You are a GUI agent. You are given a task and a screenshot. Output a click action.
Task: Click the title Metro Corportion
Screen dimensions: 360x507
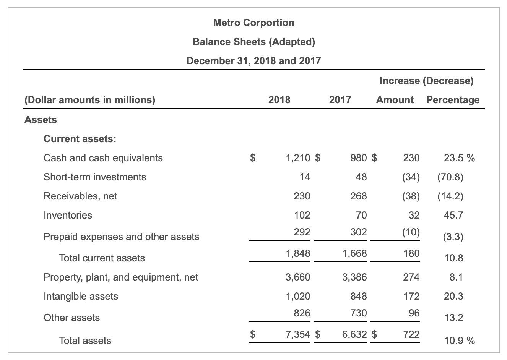[x=253, y=23]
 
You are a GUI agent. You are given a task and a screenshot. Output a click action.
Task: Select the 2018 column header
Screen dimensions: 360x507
[x=279, y=100]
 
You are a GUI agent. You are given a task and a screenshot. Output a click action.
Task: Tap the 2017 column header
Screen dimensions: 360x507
[x=340, y=100]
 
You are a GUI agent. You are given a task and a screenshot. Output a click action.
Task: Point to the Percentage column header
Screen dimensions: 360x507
[x=453, y=100]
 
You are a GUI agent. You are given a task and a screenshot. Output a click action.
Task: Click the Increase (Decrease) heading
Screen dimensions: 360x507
[x=426, y=81]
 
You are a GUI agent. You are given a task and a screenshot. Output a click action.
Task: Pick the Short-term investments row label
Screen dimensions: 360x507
[x=95, y=177]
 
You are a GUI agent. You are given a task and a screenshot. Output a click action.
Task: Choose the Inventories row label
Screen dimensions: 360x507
[x=68, y=215]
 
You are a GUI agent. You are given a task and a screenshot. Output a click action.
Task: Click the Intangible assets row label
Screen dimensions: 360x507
[x=81, y=296]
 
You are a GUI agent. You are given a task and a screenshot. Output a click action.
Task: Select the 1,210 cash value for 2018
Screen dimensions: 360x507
[x=298, y=158]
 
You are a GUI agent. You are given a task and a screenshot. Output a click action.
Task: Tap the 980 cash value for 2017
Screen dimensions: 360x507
[x=358, y=158]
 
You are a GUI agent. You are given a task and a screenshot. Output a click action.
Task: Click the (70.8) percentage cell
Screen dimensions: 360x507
[x=450, y=177]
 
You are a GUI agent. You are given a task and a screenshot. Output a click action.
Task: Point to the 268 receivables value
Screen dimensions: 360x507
[x=358, y=196]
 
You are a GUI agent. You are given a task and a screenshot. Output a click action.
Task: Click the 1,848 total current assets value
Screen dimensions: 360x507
[x=298, y=253]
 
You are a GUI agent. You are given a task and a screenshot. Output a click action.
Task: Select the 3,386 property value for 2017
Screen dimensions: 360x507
[x=354, y=277]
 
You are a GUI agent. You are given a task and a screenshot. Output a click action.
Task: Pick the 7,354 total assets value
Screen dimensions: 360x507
[x=298, y=334]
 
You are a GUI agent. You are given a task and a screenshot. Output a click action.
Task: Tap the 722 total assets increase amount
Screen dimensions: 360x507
[x=411, y=334]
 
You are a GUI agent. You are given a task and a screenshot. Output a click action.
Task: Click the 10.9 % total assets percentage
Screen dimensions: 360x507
[x=459, y=341]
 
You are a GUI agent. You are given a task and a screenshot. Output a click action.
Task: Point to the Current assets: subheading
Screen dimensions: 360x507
[x=80, y=139]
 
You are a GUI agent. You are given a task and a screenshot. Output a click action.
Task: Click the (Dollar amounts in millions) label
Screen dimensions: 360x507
[x=90, y=100]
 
